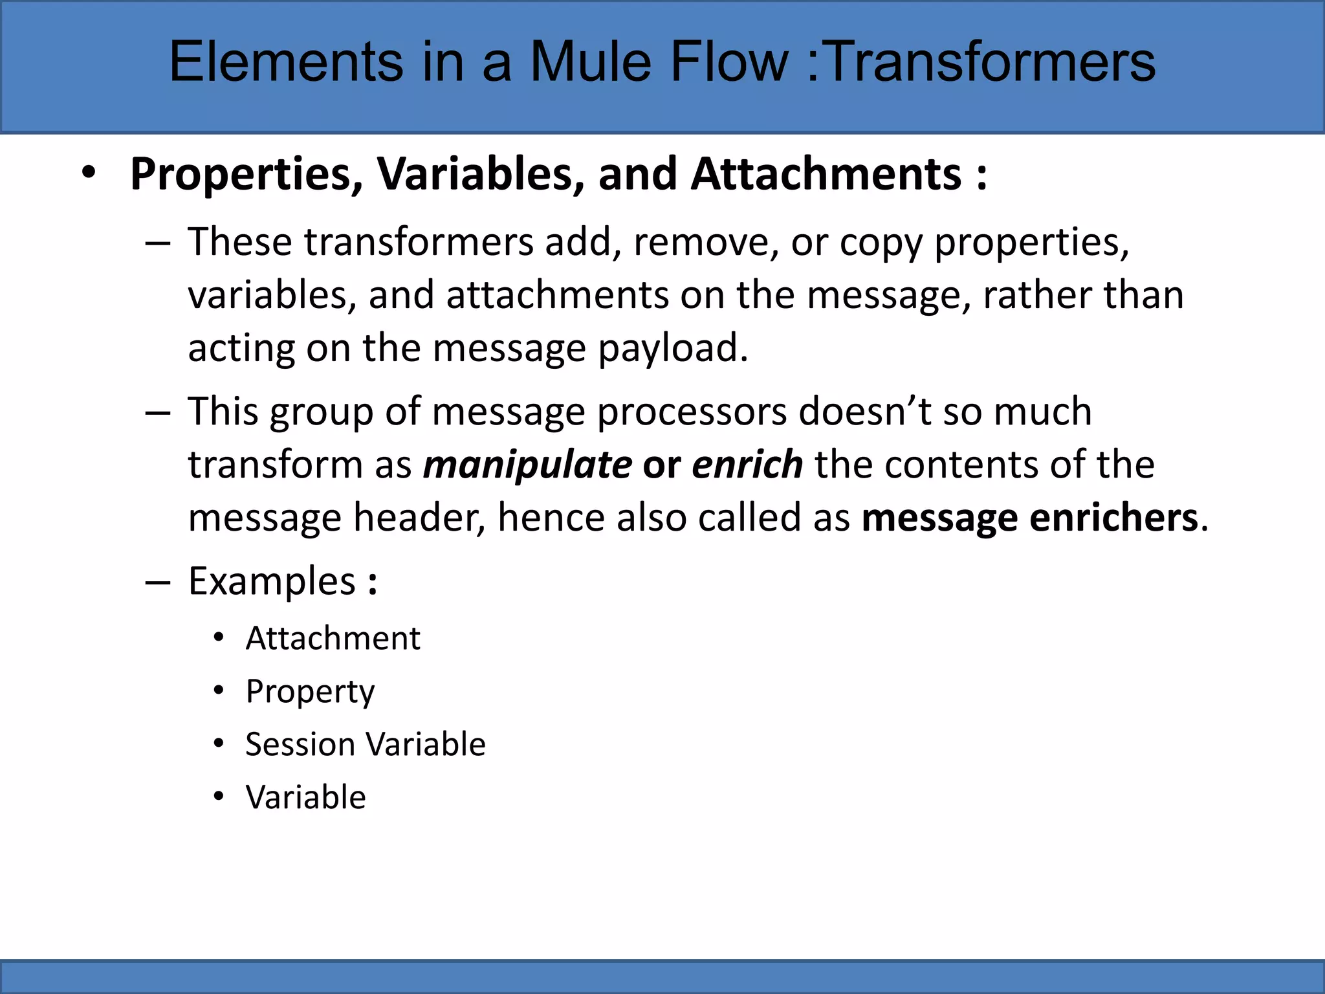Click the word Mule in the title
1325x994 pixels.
tap(592, 61)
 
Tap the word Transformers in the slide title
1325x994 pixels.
tap(991, 61)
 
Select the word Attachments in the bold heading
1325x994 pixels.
tap(826, 174)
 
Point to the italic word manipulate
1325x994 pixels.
tap(527, 465)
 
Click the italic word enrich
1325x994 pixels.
tap(747, 465)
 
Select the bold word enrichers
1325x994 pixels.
tap(1113, 518)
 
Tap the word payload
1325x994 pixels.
tap(673, 348)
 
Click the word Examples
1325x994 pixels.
tap(272, 581)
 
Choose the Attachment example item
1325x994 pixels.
tap(333, 639)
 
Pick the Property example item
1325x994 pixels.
tap(310, 692)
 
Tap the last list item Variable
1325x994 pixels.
tap(305, 797)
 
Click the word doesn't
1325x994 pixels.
tap(865, 412)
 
